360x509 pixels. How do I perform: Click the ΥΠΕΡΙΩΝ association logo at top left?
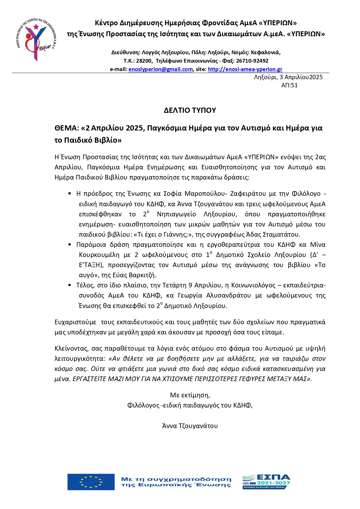point(37,39)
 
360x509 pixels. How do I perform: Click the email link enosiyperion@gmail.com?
point(160,69)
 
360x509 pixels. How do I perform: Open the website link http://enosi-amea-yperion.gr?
point(245,69)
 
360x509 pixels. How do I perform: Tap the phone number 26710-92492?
point(252,61)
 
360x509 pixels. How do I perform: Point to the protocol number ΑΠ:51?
point(289,85)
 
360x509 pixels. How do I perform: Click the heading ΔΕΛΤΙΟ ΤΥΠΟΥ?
point(190,110)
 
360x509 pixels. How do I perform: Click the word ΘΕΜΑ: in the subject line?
point(67,128)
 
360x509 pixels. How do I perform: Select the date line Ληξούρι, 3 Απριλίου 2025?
point(288,77)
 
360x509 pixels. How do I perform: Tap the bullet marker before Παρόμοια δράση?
point(70,244)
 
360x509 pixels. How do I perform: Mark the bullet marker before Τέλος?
point(70,285)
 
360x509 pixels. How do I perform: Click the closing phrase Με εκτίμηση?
point(190,395)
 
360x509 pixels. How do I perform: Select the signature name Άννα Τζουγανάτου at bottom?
point(190,426)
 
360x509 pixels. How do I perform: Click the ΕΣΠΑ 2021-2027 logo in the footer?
point(266,482)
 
